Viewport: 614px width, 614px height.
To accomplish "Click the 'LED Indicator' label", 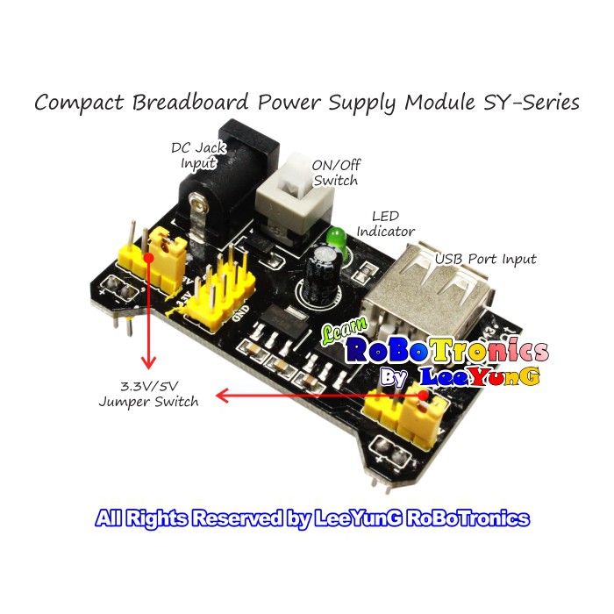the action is pyautogui.click(x=386, y=223).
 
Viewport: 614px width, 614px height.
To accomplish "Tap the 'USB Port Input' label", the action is pyautogui.click(x=486, y=259).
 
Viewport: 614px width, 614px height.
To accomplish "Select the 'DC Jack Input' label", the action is pyautogui.click(x=198, y=155).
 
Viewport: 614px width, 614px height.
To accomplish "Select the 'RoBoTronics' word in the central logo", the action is pyautogui.click(x=447, y=352).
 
